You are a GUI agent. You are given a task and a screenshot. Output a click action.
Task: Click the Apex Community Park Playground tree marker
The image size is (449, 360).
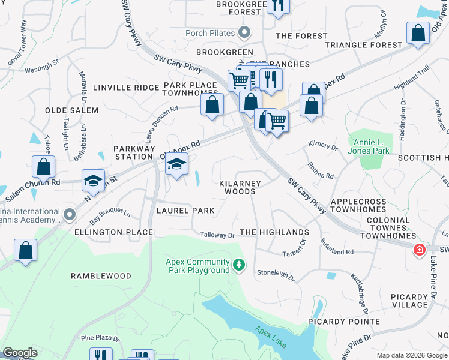tap(240, 265)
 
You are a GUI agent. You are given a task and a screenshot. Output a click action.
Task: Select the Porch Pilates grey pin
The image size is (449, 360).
tap(244, 33)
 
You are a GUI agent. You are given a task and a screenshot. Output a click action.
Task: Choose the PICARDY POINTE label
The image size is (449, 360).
tap(344, 322)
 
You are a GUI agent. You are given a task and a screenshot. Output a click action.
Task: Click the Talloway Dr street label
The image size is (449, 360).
tap(217, 236)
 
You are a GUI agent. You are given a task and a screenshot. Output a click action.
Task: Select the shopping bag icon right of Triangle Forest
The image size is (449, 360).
tap(418, 33)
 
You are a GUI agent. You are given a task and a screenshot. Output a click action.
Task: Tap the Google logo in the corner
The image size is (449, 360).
tap(20, 353)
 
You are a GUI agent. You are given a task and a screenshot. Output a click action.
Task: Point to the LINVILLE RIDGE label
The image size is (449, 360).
tap(118, 88)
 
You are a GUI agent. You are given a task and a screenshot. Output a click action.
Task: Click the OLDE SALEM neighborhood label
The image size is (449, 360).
tap(71, 110)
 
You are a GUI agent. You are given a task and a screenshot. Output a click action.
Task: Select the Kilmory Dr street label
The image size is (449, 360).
tap(323, 145)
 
